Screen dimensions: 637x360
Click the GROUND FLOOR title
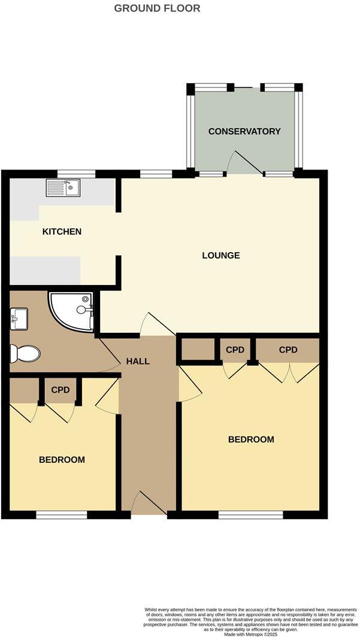157,8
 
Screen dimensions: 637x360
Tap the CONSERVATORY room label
244,131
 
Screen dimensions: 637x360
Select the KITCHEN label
62,231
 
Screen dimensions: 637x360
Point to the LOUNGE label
221,255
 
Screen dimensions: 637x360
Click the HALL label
138,361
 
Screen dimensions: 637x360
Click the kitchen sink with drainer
63,188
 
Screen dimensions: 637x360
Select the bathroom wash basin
18,318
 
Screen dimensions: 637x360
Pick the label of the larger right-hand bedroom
251,439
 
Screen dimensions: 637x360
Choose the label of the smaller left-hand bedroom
62,460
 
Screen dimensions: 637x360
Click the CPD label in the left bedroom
60,390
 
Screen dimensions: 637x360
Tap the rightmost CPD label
288,350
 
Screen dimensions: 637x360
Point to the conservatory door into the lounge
243,163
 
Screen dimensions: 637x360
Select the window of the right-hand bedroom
250,514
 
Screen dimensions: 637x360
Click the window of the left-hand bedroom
62,514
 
